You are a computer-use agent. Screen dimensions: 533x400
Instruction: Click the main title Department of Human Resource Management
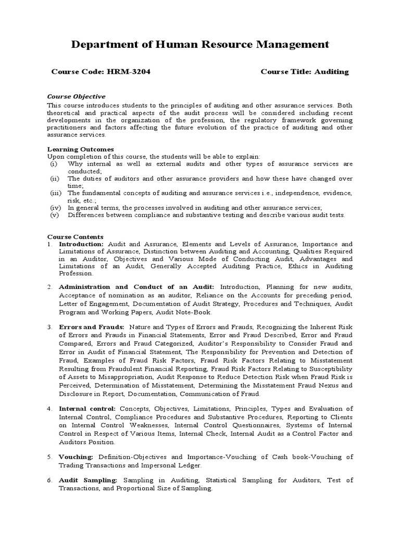(x=200, y=45)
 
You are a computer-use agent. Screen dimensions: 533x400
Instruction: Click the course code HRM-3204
(x=129, y=72)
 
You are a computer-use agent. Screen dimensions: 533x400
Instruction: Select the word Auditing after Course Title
(x=331, y=72)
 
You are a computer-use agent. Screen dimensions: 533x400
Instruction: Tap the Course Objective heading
(x=77, y=96)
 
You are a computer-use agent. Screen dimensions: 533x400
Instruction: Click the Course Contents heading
(x=76, y=237)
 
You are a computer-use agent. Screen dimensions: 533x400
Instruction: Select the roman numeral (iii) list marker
(x=56, y=193)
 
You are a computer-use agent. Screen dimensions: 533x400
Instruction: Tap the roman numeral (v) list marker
(x=55, y=215)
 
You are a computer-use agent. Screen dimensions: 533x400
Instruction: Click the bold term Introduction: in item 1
(x=81, y=244)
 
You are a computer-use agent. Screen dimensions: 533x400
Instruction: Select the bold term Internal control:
(x=87, y=409)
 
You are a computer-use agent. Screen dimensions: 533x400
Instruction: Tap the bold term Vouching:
(x=76, y=456)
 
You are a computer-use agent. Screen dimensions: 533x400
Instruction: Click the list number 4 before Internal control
(x=49, y=409)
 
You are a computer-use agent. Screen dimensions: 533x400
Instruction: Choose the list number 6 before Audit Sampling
(x=49, y=480)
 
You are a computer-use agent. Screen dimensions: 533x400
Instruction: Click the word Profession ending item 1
(x=76, y=273)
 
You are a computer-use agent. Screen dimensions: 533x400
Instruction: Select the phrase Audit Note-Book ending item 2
(x=187, y=313)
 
